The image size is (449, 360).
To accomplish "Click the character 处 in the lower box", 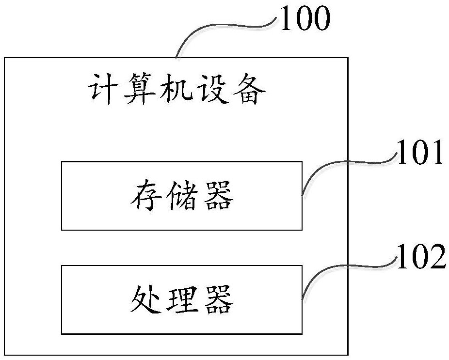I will pos(144,300).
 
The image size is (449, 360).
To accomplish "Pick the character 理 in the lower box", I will pos(181,300).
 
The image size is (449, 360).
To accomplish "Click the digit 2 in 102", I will pos(436,258).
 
